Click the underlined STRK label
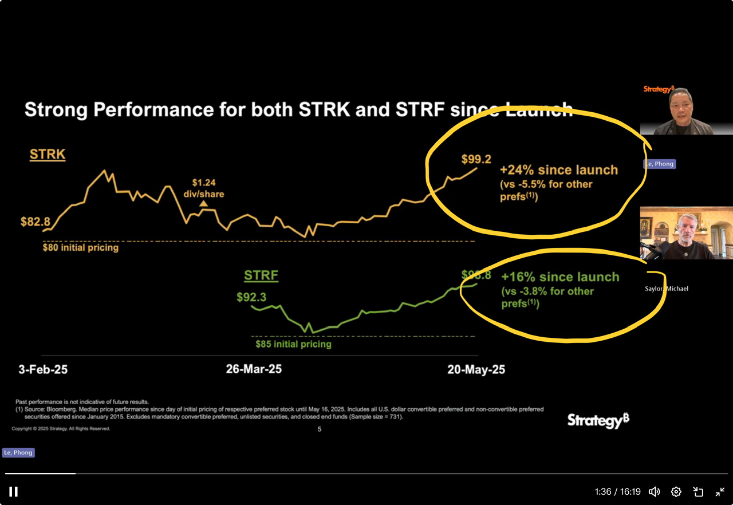tap(48, 155)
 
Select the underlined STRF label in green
tap(261, 275)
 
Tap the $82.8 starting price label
tap(36, 222)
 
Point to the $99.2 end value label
tap(476, 160)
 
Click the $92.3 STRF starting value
tap(251, 297)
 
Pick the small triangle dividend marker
tap(203, 203)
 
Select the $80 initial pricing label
tap(81, 248)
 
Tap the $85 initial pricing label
tap(294, 344)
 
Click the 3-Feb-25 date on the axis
tap(43, 369)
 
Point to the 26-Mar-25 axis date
tap(254, 369)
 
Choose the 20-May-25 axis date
tap(476, 369)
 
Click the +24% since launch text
tap(559, 170)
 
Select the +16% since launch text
tap(560, 277)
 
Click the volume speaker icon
tap(654, 492)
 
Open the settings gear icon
tap(676, 492)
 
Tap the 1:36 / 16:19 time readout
tap(617, 492)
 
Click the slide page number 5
tap(320, 429)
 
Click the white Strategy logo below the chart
tap(598, 421)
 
